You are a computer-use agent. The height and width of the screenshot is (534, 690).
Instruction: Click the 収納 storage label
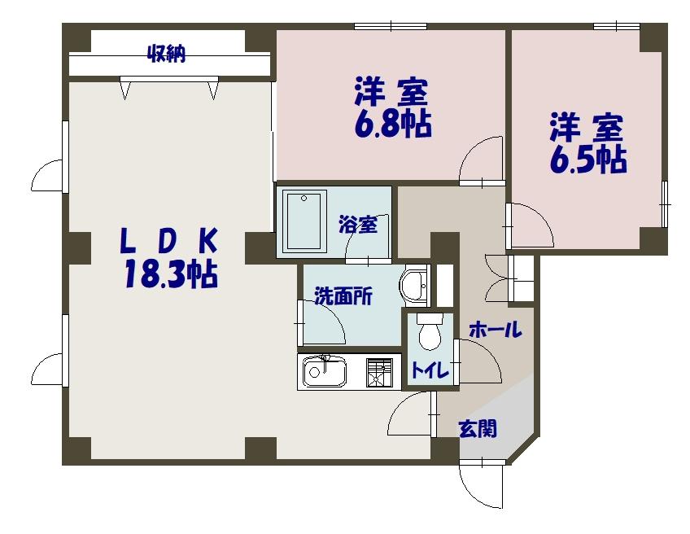167,55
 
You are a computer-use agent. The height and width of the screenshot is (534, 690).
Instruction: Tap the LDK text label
170,241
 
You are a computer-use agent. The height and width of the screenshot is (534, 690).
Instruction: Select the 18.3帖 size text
170,274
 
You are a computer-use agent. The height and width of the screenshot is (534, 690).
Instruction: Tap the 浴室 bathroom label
358,225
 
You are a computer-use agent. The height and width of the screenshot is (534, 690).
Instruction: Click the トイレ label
429,371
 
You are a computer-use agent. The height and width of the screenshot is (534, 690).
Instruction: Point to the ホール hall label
495,330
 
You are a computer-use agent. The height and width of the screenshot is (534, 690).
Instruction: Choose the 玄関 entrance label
478,428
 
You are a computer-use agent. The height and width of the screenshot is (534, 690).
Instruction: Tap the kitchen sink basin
325,374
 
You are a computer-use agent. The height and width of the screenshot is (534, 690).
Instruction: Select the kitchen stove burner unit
379,373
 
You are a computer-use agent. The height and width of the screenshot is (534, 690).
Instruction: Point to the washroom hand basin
414,285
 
